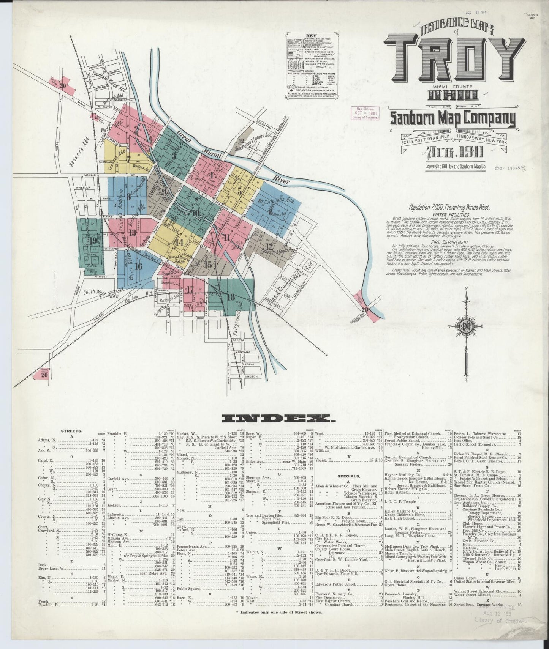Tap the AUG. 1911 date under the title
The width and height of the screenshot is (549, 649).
coord(454,152)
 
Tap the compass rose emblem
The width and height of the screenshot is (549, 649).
coord(466,327)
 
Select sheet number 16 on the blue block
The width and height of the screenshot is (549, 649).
coord(138,266)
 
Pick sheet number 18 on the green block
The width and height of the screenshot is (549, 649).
coord(231,297)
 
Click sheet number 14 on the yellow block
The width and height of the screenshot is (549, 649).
coord(180,242)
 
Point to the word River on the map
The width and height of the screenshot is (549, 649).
coord(282,180)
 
